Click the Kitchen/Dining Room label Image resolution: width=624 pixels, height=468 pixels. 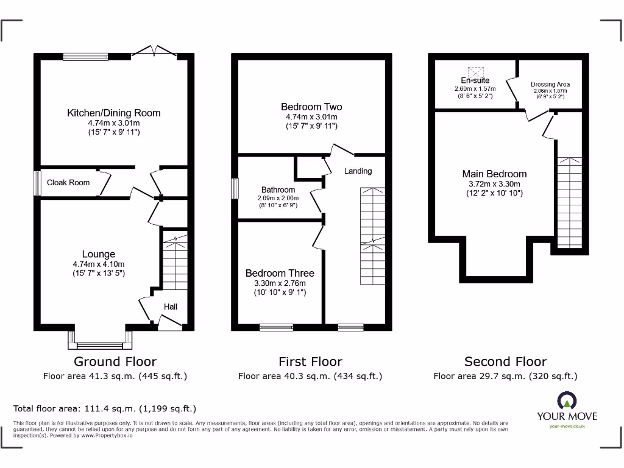[x=114, y=113]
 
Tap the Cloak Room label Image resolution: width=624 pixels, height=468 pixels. [x=68, y=182]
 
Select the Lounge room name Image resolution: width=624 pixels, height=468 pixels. [x=99, y=254]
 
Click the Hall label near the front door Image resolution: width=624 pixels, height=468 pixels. [x=171, y=307]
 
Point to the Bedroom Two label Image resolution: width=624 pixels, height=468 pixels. [x=311, y=107]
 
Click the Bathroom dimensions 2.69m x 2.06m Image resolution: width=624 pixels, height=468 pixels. [x=278, y=198]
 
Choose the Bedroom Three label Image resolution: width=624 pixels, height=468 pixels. [x=280, y=274]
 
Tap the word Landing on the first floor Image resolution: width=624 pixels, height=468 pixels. [x=358, y=171]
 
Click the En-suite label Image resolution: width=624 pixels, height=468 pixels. [x=475, y=80]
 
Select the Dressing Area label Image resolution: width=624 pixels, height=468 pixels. [x=550, y=84]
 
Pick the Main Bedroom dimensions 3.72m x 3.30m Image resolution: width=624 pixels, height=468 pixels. [x=494, y=184]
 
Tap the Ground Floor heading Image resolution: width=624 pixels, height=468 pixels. [x=115, y=362]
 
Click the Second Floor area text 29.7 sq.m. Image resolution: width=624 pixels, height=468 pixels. [x=505, y=376]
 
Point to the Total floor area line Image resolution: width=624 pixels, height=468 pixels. [x=105, y=409]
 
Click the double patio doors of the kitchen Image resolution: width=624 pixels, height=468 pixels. [x=155, y=52]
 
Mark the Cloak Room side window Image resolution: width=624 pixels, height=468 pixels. [x=37, y=183]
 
